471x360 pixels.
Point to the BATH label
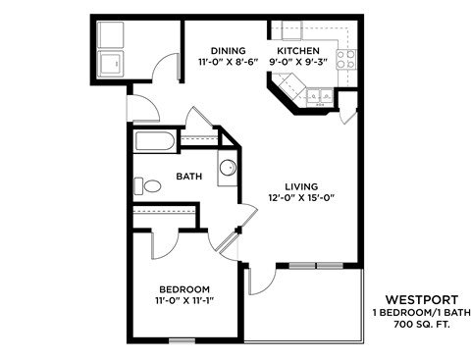pyautogui.click(x=189, y=177)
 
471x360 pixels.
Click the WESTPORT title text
pyautogui.click(x=417, y=299)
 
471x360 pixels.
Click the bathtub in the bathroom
pyautogui.click(x=154, y=141)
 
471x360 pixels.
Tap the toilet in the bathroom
pyautogui.click(x=151, y=185)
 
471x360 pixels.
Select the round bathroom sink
pyautogui.click(x=227, y=169)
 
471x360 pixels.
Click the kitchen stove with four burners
pyautogui.click(x=344, y=58)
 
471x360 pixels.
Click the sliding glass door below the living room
pyautogui.click(x=315, y=265)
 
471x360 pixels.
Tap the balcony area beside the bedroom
pyautogui.click(x=304, y=309)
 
